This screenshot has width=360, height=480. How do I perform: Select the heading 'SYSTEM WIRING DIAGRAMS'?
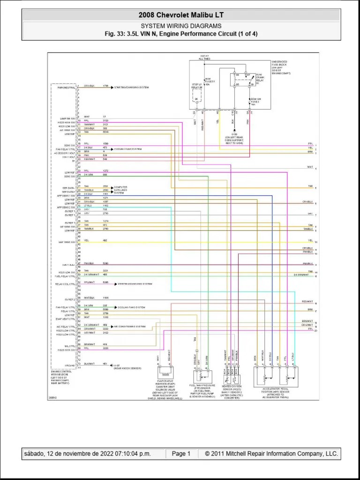(x=180, y=26)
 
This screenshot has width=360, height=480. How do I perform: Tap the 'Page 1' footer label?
(x=181, y=454)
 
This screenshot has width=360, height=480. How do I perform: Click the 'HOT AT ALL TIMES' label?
(x=204, y=58)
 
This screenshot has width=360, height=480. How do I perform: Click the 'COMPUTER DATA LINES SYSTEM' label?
(x=121, y=190)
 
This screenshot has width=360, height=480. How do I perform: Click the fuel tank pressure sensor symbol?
(x=202, y=375)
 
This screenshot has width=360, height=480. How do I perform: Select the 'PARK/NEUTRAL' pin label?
(x=67, y=87)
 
